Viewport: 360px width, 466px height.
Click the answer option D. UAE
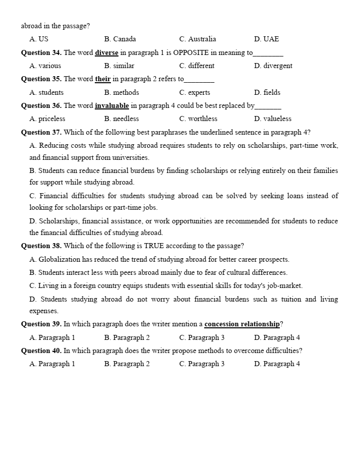tap(266, 39)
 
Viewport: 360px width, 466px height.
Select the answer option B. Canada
tap(120, 39)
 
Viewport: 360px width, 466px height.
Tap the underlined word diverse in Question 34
tap(106, 52)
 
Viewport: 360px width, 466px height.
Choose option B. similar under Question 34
tap(119, 66)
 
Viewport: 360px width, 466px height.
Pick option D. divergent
tap(273, 66)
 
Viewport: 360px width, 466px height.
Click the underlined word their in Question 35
tap(103, 79)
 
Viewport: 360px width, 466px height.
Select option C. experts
tap(195, 92)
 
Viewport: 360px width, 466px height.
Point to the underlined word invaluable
tap(112, 105)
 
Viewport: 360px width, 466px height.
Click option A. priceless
tap(47, 119)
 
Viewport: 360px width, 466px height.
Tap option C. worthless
tap(198, 119)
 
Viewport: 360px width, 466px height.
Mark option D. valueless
tap(273, 119)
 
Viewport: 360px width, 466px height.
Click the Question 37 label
tap(41, 132)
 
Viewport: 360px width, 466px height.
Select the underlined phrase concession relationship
tap(242, 324)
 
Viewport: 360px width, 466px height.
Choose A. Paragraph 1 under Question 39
tap(52, 337)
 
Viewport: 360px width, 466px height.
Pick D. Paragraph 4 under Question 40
tap(277, 364)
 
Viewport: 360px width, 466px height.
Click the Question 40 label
tap(41, 351)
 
